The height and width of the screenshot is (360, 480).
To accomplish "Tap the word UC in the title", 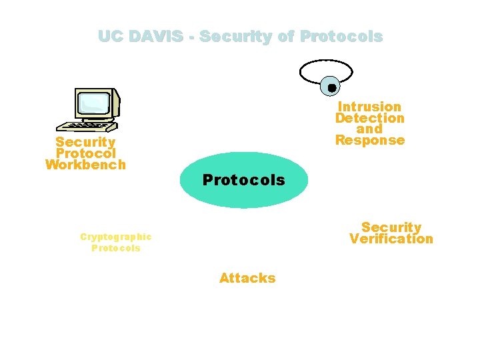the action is pyautogui.click(x=109, y=37).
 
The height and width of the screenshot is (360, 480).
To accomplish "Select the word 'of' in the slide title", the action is pyautogui.click(x=286, y=37).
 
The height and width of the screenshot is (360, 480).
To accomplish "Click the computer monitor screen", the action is pyautogui.click(x=93, y=103).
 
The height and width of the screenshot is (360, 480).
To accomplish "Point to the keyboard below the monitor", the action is pyautogui.click(x=86, y=125).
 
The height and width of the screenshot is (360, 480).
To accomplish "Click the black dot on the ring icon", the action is pyautogui.click(x=331, y=87).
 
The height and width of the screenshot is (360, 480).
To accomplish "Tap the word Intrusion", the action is pyautogui.click(x=369, y=107).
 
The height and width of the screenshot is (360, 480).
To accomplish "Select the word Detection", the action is pyautogui.click(x=369, y=118).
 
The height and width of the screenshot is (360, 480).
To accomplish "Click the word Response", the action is pyautogui.click(x=369, y=140).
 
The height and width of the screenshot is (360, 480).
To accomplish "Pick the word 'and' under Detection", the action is pyautogui.click(x=369, y=129).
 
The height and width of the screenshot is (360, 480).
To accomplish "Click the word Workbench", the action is pyautogui.click(x=85, y=164).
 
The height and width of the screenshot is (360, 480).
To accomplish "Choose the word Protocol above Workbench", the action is pyautogui.click(x=85, y=153).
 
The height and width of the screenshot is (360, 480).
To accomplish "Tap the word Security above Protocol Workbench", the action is pyautogui.click(x=85, y=142).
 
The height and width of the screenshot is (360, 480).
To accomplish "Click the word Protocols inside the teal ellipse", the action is pyautogui.click(x=243, y=180).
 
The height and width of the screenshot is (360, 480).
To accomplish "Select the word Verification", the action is pyautogui.click(x=391, y=239).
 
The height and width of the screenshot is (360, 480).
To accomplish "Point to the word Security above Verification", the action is pyautogui.click(x=391, y=227).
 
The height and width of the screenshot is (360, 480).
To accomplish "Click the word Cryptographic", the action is pyautogui.click(x=116, y=237).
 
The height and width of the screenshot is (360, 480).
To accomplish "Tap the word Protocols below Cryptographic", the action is pyautogui.click(x=116, y=248).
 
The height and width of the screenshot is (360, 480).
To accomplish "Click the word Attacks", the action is pyautogui.click(x=247, y=278).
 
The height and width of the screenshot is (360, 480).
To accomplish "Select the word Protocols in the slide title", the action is pyautogui.click(x=341, y=37).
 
